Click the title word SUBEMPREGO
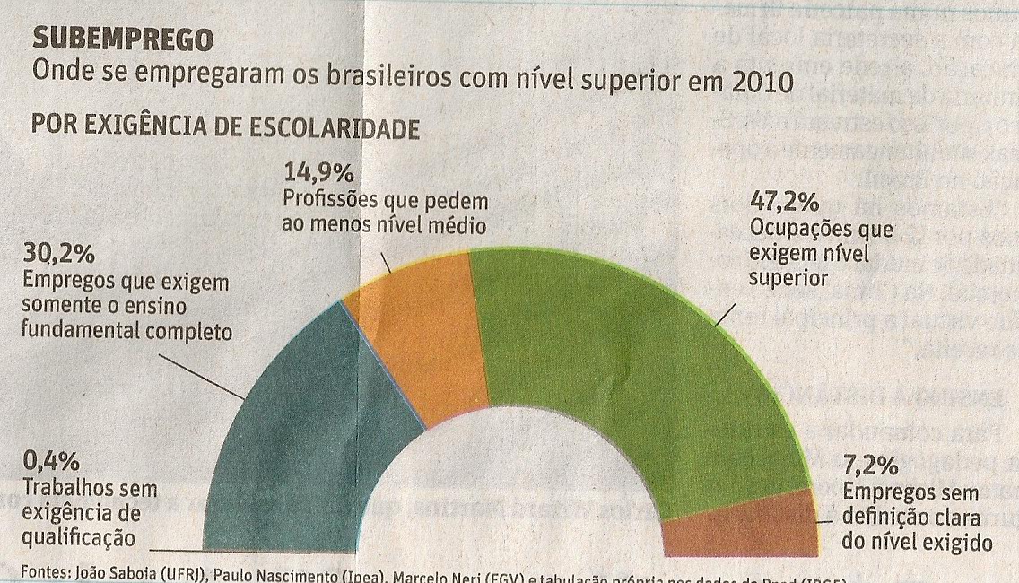pyautogui.click(x=123, y=39)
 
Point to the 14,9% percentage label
pyautogui.click(x=318, y=170)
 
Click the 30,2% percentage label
pyautogui.click(x=58, y=256)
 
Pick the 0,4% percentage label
pyautogui.click(x=52, y=463)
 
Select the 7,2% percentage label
pyautogui.click(x=870, y=466)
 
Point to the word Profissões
pyautogui.click(x=331, y=198)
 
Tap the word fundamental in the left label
pyautogui.click(x=83, y=331)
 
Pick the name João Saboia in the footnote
pyautogui.click(x=112, y=572)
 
